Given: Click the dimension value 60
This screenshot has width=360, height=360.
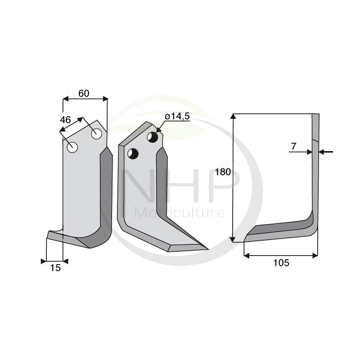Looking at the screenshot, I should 84,94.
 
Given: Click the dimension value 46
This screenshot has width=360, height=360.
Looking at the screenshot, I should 66,120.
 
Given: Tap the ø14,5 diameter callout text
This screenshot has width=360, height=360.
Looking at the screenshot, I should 177,117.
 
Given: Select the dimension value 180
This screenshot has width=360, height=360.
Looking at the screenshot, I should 223,171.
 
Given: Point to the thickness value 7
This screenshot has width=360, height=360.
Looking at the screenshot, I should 294,146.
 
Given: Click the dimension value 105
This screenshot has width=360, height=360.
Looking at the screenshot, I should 281,263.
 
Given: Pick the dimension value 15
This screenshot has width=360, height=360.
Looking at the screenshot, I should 55,268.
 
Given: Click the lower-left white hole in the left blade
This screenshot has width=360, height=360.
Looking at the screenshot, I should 72,147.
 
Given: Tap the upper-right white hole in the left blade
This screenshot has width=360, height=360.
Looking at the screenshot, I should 96,134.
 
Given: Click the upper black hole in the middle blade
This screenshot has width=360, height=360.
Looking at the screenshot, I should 153,137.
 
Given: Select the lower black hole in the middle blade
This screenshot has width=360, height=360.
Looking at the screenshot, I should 132,153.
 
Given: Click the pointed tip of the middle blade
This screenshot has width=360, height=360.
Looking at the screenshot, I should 207,248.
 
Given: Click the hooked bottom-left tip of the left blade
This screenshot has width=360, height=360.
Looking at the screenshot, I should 48,234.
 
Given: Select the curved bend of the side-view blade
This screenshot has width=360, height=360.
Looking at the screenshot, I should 311,223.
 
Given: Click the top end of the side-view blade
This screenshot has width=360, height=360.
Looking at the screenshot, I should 316,115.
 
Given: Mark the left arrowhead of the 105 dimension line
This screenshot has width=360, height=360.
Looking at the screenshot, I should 246,256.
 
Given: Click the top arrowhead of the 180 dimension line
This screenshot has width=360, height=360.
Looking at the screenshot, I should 233,117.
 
